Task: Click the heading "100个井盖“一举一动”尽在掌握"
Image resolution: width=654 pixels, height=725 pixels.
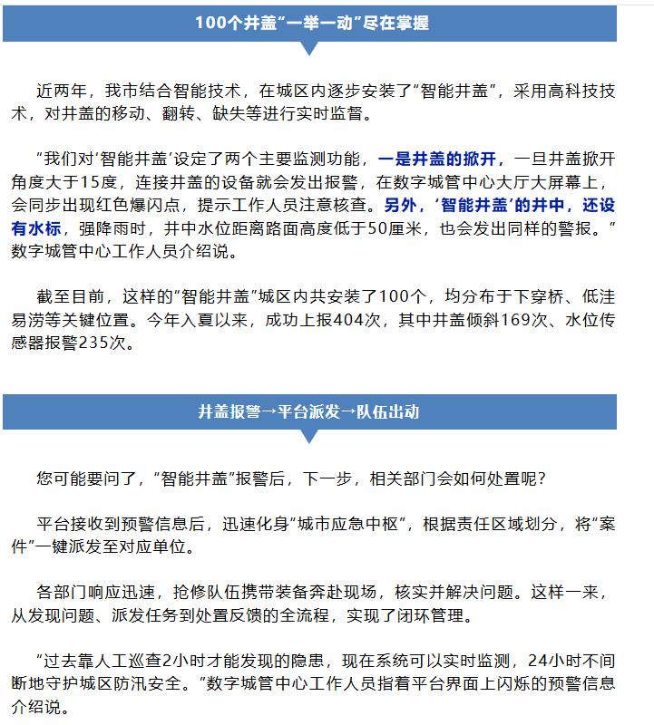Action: click(x=311, y=23)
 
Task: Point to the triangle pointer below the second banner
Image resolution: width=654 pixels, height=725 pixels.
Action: click(x=309, y=437)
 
